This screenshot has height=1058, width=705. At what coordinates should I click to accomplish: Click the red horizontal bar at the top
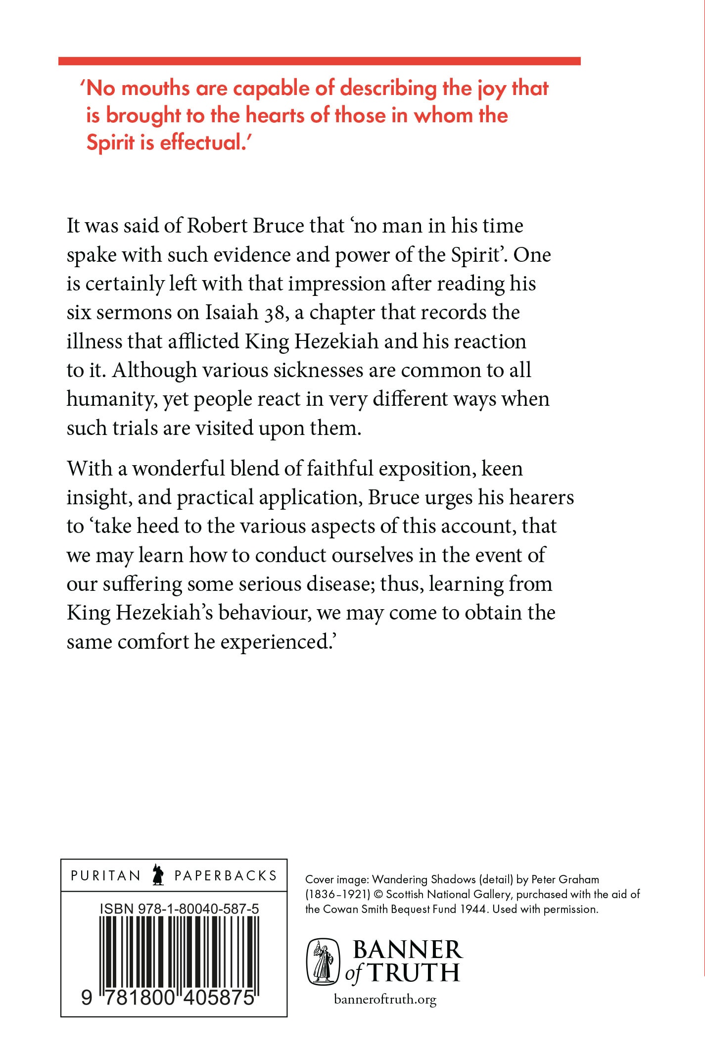pyautogui.click(x=319, y=61)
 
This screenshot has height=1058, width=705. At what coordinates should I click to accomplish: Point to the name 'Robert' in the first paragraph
pyautogui.click(x=217, y=226)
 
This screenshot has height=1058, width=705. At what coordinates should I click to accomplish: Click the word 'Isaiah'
pyautogui.click(x=232, y=312)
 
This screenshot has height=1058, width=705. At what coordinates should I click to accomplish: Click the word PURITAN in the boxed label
pyautogui.click(x=106, y=875)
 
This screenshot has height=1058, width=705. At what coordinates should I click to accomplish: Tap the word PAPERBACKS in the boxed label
pyautogui.click(x=226, y=875)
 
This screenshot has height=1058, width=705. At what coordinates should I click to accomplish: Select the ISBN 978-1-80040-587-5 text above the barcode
pyautogui.click(x=179, y=909)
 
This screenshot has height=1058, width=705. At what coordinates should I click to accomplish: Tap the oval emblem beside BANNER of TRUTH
pyautogui.click(x=324, y=962)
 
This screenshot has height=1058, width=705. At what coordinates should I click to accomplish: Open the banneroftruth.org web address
pyautogui.click(x=385, y=999)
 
